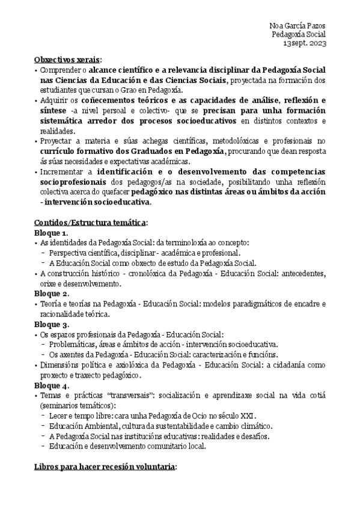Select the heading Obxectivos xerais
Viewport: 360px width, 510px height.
click(x=68, y=60)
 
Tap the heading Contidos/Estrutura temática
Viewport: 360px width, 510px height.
click(x=90, y=222)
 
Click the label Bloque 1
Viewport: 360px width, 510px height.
click(x=51, y=232)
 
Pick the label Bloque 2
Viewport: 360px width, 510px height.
click(x=51, y=293)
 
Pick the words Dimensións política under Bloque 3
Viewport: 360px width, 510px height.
click(x=72, y=364)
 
